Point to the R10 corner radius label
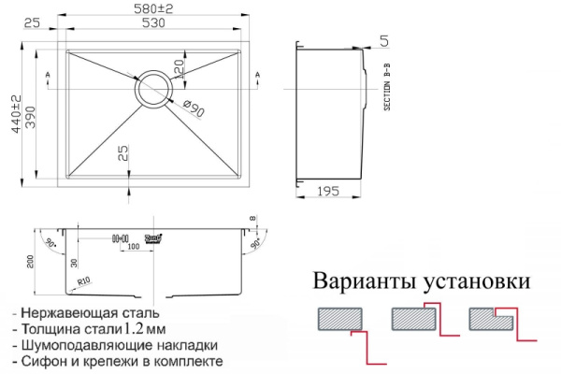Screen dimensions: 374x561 click(83, 279)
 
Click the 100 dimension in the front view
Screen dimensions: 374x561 click(135, 247)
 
